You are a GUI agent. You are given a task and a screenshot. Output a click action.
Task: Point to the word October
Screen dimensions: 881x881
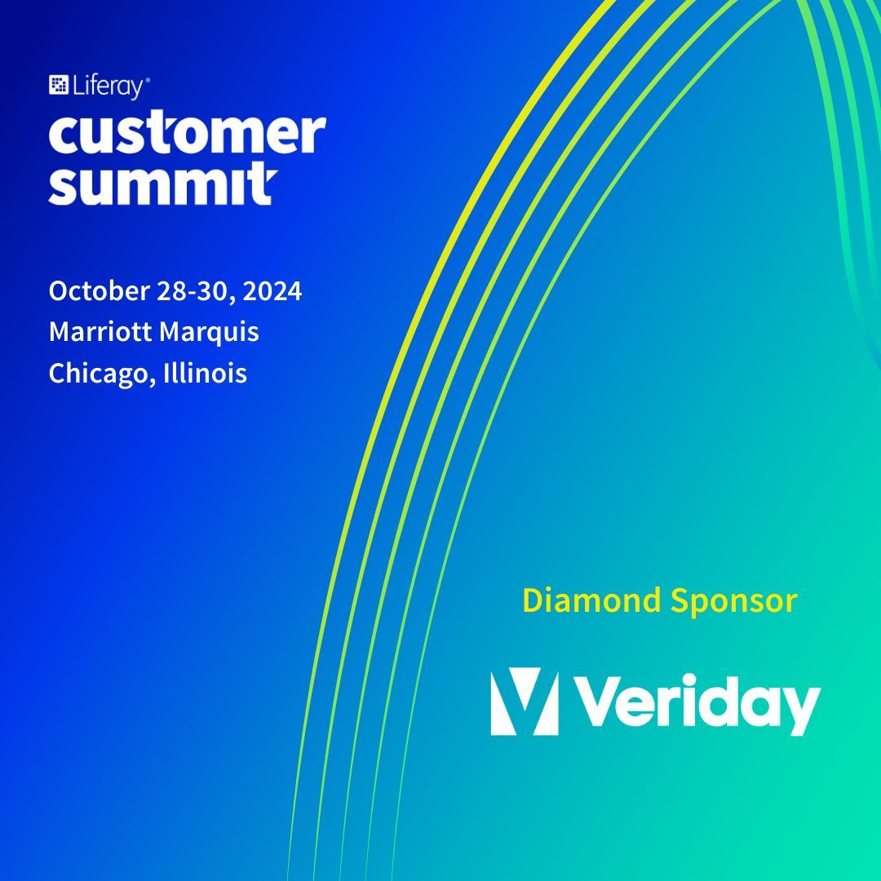click(x=99, y=291)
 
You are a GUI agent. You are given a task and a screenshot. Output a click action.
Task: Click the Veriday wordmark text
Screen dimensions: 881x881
click(x=702, y=703)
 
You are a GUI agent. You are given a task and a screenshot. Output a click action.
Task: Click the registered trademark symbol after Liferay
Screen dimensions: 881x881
click(x=147, y=80)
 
